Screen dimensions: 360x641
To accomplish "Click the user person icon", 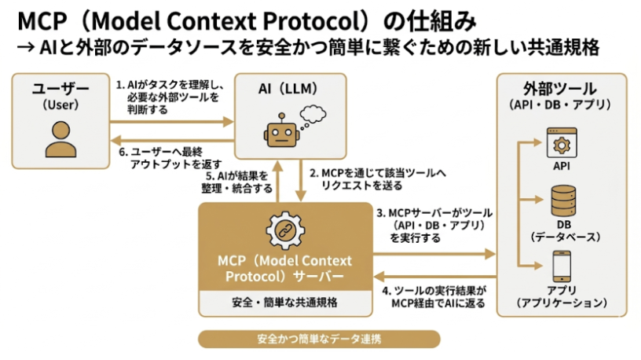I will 60,141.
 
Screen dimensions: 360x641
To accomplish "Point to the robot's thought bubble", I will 316,113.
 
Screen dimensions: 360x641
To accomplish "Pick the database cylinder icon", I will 561,201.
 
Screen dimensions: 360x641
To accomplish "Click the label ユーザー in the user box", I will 60,90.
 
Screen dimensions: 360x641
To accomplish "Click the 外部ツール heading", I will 560,88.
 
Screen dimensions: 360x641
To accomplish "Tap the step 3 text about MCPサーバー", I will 434,225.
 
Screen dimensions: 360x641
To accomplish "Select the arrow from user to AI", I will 173,121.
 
